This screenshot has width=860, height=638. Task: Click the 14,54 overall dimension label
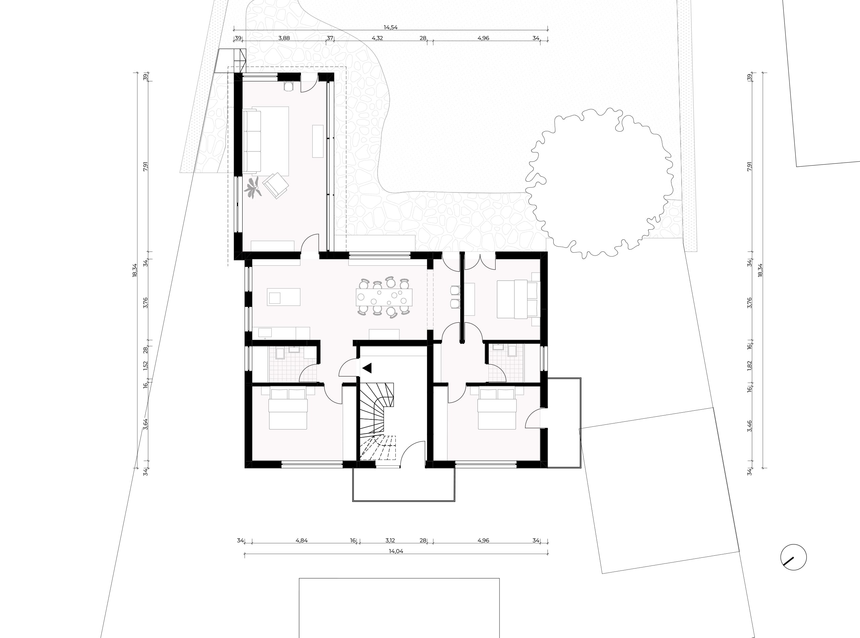391,28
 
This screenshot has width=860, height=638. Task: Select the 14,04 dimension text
396,551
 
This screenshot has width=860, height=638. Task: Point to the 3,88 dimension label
284,38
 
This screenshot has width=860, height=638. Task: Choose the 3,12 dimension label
390,540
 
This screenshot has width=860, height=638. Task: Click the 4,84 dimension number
301,540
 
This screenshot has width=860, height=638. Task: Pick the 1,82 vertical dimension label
749,365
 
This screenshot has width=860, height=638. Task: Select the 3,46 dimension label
749,426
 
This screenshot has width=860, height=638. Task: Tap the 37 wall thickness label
330,38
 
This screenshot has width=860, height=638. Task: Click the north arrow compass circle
793,557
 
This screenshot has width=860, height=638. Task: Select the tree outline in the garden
599,183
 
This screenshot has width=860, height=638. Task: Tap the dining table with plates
384,298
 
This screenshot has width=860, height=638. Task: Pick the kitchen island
284,297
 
